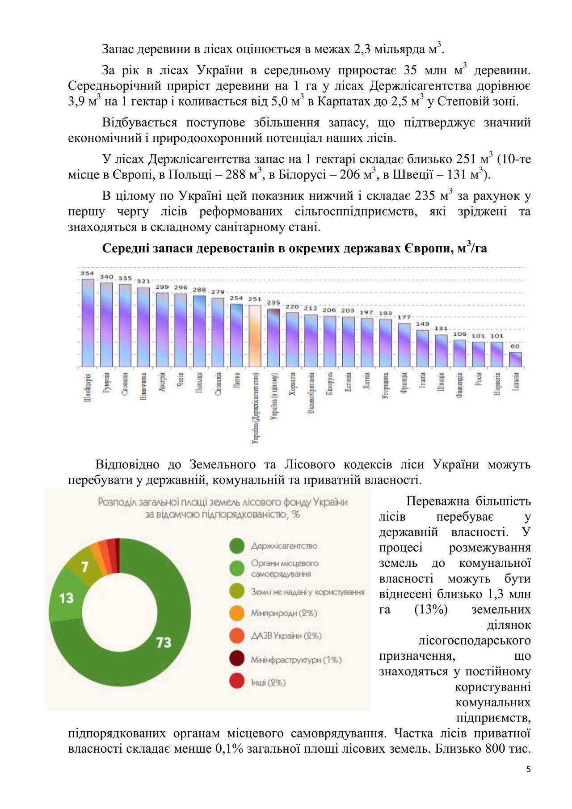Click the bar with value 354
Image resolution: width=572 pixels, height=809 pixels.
pos(88,323)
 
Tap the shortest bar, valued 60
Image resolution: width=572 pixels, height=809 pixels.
pos(515,359)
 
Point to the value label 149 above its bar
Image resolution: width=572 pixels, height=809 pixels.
pos(422,324)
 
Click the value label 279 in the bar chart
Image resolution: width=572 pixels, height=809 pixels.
pos(218,292)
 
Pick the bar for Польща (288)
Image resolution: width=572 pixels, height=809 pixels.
pos(199,331)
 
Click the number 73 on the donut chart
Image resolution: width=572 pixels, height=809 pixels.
pos(164,642)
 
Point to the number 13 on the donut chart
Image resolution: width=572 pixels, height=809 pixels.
pos(66,598)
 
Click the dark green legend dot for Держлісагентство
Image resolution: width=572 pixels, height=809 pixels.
pos(237,546)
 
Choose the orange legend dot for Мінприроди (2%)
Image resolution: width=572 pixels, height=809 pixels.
pos(237,613)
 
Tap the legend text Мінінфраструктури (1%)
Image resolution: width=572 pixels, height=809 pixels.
pos(296,660)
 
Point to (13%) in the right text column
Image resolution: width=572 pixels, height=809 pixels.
pos(431,610)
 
